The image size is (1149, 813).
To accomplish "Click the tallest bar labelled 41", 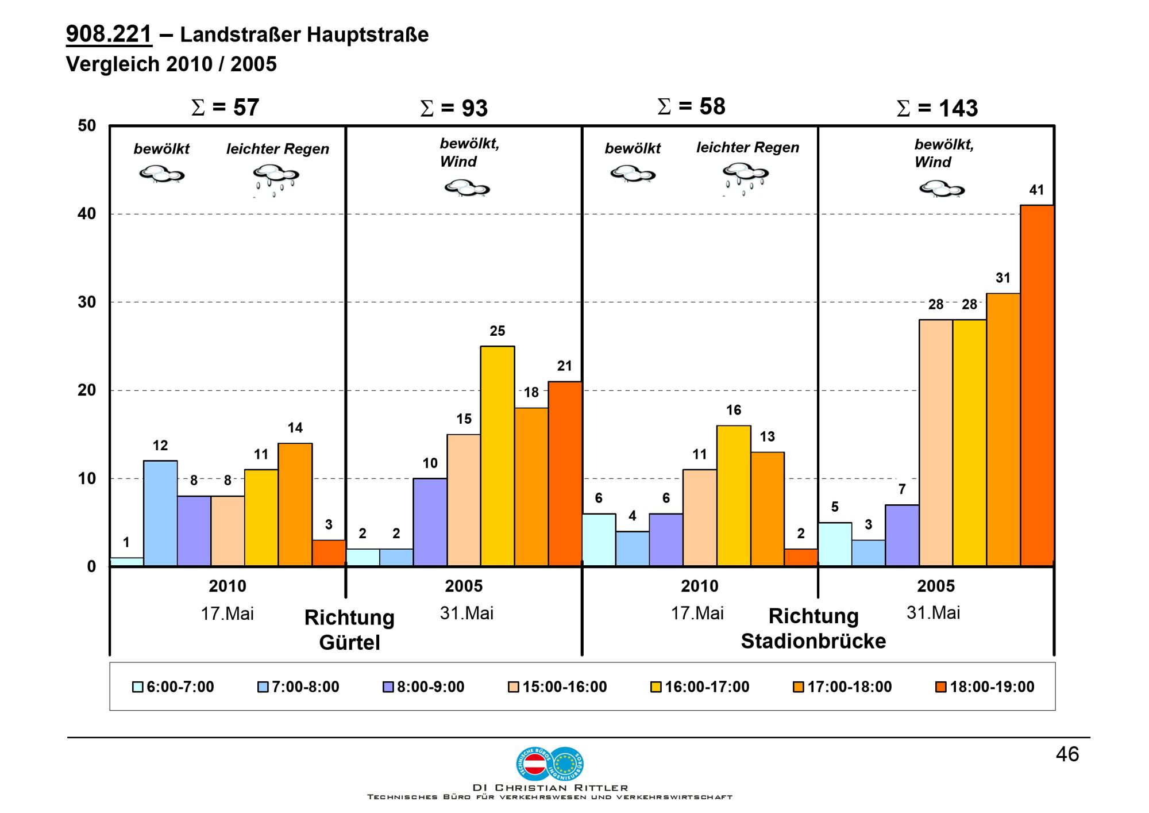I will click(1037, 385).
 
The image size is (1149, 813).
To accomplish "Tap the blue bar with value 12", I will click(160, 513).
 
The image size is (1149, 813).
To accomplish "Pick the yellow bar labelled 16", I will click(734, 496).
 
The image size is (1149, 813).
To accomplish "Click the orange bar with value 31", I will click(1003, 429).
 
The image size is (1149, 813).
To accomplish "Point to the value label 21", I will click(565, 366).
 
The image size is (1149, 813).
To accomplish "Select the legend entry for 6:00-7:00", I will click(173, 687).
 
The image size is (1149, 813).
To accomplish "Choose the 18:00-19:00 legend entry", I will click(985, 687).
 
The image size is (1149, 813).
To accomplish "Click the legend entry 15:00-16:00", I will click(557, 687).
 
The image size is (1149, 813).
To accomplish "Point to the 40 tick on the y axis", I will click(87, 214).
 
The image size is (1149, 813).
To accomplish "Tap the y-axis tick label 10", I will click(87, 478).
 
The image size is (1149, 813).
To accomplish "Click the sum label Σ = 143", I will click(937, 108).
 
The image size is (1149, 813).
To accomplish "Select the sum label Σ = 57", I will click(225, 108).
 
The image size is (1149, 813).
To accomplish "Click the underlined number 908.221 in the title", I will click(109, 34).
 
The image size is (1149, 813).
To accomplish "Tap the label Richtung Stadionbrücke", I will click(813, 628).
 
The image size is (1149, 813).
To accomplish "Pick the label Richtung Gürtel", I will click(349, 630).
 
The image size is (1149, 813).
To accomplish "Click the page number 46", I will click(1067, 754).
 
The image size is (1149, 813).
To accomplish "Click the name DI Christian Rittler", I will click(550, 788).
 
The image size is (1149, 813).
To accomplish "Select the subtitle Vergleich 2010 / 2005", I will click(171, 64).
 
